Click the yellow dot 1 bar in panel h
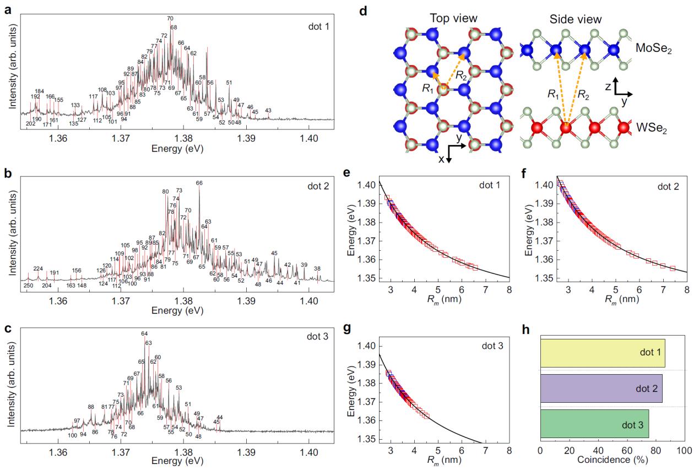[603, 353]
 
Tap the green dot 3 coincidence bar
[594, 423]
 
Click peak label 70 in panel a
[170, 19]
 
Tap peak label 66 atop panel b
[199, 183]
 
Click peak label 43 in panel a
[268, 111]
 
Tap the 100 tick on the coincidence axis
[685, 450]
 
